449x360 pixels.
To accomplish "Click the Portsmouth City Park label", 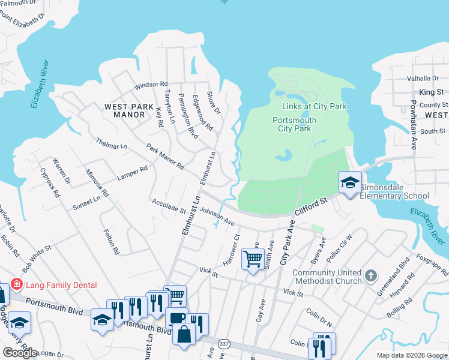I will tap(294, 124).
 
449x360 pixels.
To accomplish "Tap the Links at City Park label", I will tap(315, 106).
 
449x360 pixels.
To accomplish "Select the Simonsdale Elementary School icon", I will tap(349, 182).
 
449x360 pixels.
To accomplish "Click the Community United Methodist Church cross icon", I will tap(372, 277).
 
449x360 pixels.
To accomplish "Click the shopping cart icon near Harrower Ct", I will tap(253, 260).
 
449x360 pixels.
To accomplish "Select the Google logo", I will tap(20, 352).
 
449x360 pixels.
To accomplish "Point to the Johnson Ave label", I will tap(217, 216).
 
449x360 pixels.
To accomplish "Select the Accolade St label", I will tap(169, 206).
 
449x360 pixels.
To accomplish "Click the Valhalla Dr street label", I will tap(423, 79).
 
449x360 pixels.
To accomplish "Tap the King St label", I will tap(431, 92).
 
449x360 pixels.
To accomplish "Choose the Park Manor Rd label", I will tap(165, 156).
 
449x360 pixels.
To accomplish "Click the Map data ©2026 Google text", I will tap(411, 355).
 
